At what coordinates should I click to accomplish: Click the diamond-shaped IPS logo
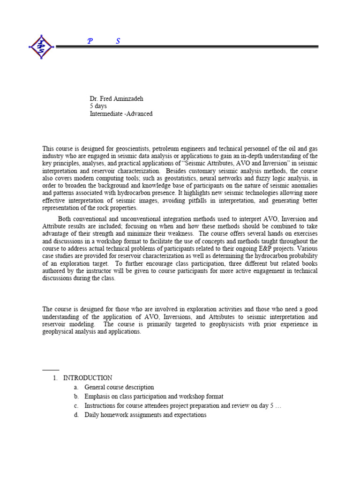pos(42,47)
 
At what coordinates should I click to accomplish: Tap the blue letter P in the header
pos(90,41)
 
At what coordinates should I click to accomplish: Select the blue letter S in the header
pos(118,41)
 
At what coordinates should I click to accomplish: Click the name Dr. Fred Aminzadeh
pos(116,99)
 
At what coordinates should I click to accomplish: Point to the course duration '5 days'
pos(98,106)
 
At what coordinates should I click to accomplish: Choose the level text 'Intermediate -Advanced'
pos(121,114)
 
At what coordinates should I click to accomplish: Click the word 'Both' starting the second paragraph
pos(65,219)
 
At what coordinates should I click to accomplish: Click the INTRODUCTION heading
pos(88,378)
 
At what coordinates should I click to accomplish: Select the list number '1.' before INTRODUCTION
pos(55,378)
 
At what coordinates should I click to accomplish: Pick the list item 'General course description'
pos(119,387)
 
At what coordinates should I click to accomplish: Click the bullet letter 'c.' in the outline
pos(76,406)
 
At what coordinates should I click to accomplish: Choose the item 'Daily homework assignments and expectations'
pos(145,415)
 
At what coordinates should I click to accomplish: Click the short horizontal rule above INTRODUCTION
pos(51,370)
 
